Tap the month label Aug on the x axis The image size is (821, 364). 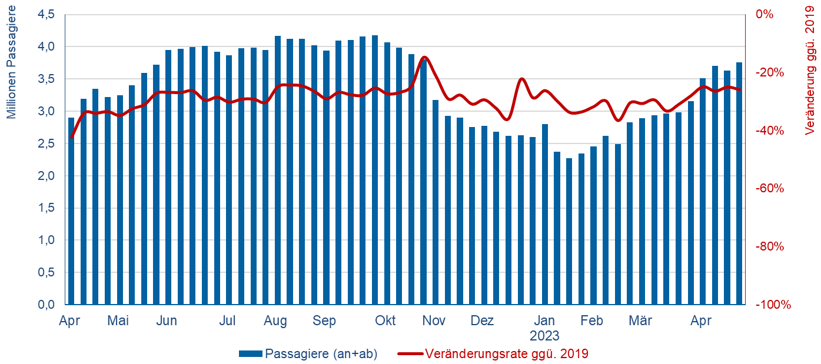275,321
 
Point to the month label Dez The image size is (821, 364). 482,321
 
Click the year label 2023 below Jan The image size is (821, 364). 544,336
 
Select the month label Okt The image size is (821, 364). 385,321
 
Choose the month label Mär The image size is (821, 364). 640,321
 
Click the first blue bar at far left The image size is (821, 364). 71,212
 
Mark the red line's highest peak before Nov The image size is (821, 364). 425,57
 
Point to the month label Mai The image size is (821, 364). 118,321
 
